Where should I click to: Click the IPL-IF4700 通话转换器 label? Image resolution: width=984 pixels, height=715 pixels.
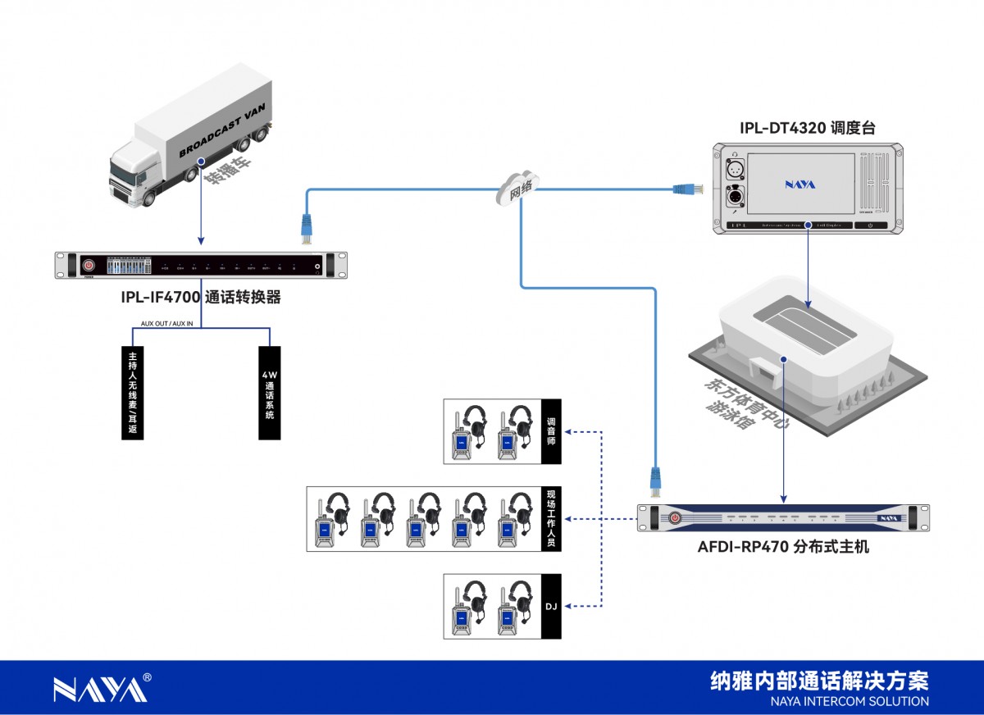coord(200,297)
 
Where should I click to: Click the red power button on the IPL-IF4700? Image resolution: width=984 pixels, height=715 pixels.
coord(89,265)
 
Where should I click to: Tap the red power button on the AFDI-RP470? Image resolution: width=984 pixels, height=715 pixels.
coord(674,517)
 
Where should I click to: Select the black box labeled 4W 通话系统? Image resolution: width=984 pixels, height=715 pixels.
coord(269,393)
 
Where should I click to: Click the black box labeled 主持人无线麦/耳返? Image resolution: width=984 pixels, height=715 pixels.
coord(132,393)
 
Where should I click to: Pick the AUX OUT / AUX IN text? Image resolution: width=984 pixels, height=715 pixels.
coord(166,324)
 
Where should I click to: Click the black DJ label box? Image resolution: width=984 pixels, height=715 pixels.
coord(551,607)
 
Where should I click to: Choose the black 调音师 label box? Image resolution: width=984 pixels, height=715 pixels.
coord(551,431)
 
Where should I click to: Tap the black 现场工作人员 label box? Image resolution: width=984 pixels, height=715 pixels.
coord(551,519)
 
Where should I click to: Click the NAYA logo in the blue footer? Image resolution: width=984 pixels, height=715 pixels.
coord(101,689)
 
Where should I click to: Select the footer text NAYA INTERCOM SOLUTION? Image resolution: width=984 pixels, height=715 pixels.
coord(850,701)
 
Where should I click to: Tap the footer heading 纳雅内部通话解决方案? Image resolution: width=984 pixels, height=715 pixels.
coord(820,681)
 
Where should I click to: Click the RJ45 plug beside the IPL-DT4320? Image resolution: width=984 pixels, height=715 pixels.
coord(684,189)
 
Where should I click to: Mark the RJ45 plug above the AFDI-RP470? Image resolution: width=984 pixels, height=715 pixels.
coord(655,480)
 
